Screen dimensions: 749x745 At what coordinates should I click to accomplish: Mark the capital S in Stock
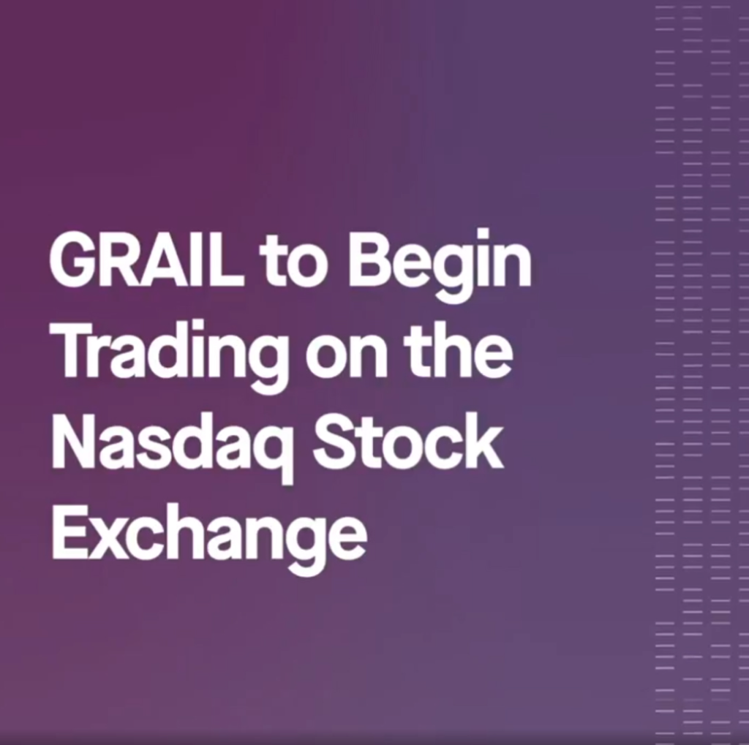click(334, 443)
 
